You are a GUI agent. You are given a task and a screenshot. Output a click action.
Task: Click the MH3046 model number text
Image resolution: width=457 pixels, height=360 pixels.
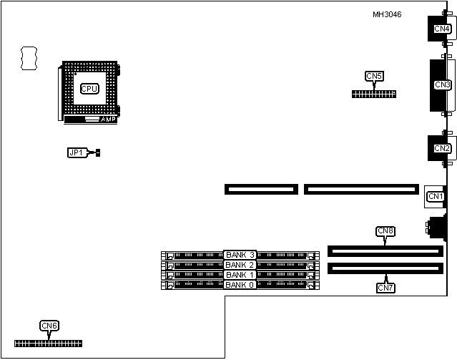387,14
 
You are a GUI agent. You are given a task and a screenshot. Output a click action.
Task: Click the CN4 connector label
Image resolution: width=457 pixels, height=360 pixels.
442,29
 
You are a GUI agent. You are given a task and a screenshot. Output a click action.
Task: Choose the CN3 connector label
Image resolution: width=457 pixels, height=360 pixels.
442,84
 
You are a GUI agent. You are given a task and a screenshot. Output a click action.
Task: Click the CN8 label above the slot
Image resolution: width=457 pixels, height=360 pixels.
385,231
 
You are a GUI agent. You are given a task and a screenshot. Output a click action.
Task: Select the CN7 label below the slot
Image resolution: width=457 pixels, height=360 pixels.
385,287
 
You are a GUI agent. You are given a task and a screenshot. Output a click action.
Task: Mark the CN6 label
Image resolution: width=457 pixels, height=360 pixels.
49,326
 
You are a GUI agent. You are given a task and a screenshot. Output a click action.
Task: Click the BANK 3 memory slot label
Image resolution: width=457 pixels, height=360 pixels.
240,255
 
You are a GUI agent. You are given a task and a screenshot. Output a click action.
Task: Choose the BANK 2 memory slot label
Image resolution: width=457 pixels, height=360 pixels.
240,265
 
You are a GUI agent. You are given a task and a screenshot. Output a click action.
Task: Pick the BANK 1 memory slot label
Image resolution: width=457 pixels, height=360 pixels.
240,275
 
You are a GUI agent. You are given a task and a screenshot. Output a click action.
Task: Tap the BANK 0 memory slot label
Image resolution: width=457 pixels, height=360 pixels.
240,285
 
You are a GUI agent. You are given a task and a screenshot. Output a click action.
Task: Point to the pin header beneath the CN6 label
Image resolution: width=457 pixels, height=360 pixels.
48,344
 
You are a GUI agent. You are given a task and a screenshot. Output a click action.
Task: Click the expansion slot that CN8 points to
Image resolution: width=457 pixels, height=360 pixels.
385,251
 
